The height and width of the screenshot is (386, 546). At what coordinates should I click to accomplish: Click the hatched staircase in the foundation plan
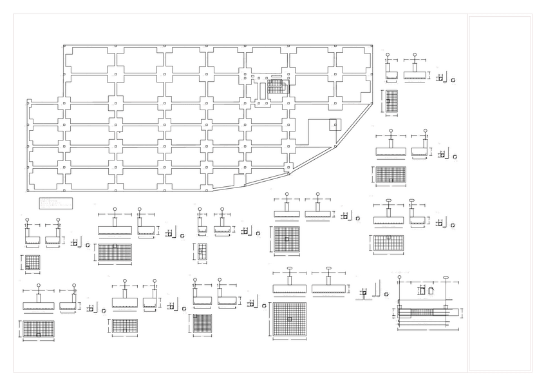point(276,86)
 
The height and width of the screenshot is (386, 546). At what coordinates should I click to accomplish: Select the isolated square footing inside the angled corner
point(334,125)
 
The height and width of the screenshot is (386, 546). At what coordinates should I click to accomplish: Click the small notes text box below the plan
point(55,202)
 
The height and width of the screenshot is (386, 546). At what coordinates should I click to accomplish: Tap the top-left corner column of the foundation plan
point(64,46)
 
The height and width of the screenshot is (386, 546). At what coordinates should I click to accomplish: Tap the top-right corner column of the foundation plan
point(372,46)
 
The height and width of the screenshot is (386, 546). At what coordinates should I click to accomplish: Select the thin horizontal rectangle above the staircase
point(276,77)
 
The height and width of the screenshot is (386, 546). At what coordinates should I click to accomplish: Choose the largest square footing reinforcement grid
point(289,320)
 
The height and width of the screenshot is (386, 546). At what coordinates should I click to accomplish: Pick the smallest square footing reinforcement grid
point(32,262)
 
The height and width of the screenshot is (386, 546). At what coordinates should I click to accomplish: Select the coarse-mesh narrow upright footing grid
point(202,253)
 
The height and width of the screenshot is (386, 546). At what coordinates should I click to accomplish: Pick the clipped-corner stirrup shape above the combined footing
point(422,291)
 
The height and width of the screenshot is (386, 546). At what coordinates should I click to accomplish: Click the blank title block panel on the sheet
point(500,193)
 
